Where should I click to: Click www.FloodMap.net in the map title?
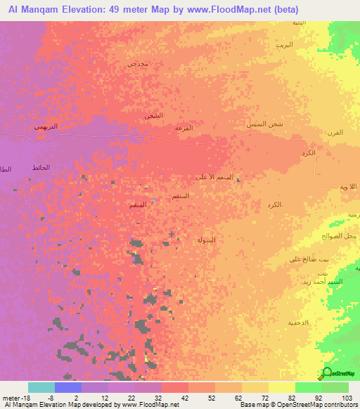(x=229, y=9)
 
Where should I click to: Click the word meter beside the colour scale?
(x=10, y=398)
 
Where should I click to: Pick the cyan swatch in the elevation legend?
(x=41, y=387)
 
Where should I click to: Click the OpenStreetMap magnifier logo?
(x=326, y=373)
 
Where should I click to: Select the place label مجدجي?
(x=136, y=64)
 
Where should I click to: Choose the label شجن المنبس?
(x=264, y=124)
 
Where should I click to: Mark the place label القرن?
(x=335, y=133)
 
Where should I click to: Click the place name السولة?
(x=205, y=240)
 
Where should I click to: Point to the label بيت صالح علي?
(x=305, y=259)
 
